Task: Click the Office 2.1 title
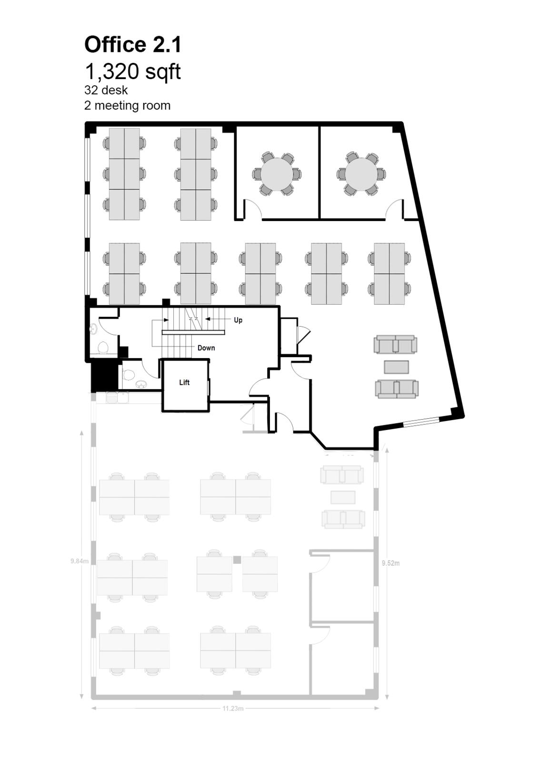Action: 133,45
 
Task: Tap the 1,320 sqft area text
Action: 133,72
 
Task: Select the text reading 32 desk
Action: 106,90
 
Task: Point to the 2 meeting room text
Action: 127,105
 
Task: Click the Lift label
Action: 184,382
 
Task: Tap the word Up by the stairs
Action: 238,320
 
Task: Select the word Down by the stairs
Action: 206,348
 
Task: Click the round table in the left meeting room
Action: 277,174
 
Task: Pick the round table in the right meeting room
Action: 361,174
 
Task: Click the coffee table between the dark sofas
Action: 397,367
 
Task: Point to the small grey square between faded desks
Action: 237,560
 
